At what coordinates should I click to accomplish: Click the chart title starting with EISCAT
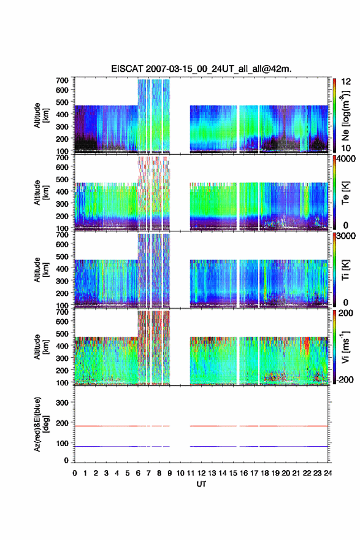(x=201, y=69)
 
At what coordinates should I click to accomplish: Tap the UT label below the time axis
(x=201, y=484)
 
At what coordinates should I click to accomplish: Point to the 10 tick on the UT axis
(x=180, y=473)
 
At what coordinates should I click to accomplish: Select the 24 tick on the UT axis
(x=327, y=473)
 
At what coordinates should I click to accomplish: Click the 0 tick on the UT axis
(x=75, y=473)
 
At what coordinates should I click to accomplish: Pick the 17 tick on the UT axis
(x=254, y=473)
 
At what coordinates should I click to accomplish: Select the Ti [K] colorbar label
(x=345, y=270)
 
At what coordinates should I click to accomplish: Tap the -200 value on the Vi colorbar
(x=345, y=379)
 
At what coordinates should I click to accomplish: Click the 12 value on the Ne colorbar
(x=346, y=81)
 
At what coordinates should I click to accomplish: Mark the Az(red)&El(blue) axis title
(x=40, y=424)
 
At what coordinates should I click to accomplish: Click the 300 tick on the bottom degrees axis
(x=62, y=403)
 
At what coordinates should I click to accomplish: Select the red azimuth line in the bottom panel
(x=201, y=426)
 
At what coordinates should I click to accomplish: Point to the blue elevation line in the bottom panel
(x=201, y=446)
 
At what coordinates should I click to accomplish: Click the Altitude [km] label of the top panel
(x=40, y=115)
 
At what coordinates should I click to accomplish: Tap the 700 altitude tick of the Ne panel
(x=62, y=80)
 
